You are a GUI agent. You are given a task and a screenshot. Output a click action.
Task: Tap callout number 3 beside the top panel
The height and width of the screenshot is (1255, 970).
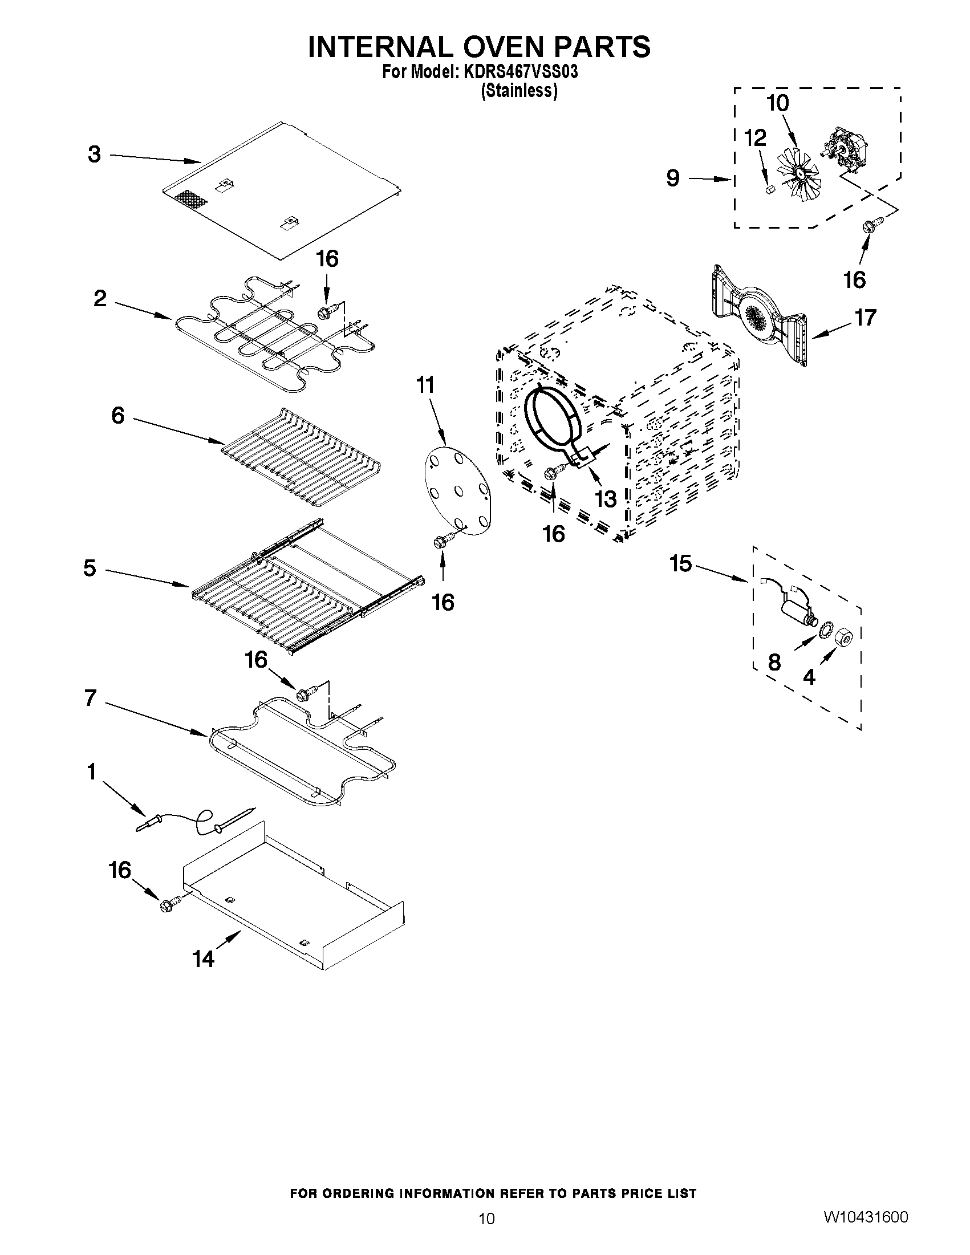(x=94, y=155)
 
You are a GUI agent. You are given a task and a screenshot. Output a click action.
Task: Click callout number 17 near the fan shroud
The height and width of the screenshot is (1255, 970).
(x=865, y=317)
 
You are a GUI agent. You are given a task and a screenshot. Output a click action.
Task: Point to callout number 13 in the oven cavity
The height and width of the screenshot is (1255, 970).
(x=606, y=499)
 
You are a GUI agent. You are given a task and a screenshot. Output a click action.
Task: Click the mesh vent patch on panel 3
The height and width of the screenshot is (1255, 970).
(x=190, y=200)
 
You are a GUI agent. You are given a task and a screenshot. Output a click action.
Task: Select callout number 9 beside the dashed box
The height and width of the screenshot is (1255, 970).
(x=673, y=178)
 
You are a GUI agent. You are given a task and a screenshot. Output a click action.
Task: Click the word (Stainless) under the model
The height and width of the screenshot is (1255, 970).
(x=519, y=91)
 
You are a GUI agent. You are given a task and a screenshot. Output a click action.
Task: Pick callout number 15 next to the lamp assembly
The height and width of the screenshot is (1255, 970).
(x=681, y=564)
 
